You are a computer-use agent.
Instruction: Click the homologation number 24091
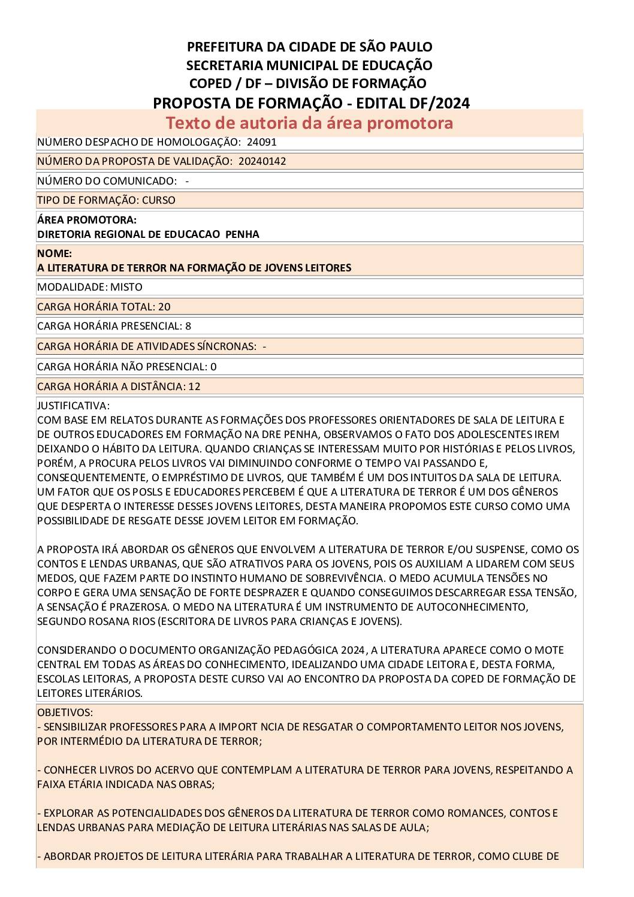(x=261, y=142)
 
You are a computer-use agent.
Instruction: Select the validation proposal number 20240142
(x=262, y=161)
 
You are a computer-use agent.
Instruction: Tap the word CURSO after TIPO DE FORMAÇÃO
(x=159, y=200)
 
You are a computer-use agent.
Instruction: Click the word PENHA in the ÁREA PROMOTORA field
(x=242, y=234)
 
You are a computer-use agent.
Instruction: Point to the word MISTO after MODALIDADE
(x=126, y=287)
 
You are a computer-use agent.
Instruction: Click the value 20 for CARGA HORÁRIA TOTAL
(x=164, y=307)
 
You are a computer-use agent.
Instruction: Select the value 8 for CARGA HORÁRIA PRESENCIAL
(x=188, y=326)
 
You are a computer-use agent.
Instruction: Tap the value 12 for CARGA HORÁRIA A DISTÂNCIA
(x=194, y=386)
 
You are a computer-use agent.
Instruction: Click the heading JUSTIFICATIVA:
(x=73, y=406)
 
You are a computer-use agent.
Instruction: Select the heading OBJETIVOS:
(x=65, y=712)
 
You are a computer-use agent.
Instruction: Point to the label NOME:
(x=54, y=253)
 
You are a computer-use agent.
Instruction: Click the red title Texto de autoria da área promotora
(x=309, y=123)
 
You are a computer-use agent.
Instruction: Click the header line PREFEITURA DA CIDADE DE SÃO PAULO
(x=309, y=47)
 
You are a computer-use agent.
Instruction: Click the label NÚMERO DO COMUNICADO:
(x=107, y=181)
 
